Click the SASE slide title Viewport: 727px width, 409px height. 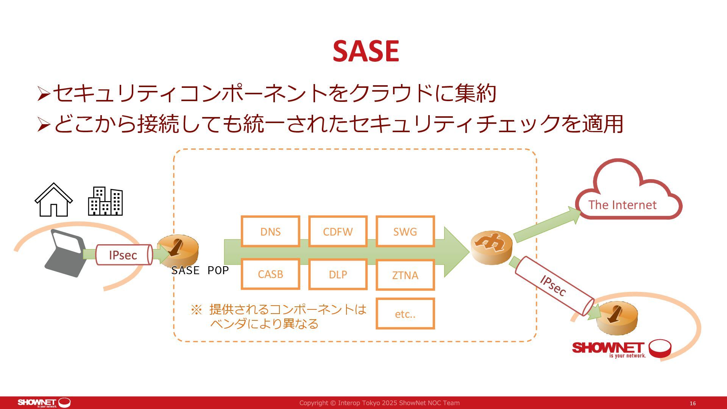pos(366,51)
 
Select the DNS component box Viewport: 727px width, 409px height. pos(270,231)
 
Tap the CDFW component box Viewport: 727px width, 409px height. pos(338,231)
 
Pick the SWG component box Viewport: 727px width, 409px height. pos(405,231)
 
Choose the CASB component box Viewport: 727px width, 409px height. pos(270,274)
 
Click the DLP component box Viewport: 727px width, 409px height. pos(338,275)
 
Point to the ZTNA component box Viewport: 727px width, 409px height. pos(405,275)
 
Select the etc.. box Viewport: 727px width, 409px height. pos(405,314)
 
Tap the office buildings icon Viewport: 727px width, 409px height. pos(105,201)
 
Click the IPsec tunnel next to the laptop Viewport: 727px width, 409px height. pos(123,255)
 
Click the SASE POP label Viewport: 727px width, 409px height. pos(200,270)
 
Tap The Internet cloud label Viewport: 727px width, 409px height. pos(622,205)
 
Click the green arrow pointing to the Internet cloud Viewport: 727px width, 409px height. pos(547,226)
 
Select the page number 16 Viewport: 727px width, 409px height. pos(693,403)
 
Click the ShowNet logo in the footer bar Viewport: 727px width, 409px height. pos(44,403)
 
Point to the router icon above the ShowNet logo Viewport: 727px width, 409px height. pos(617,317)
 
